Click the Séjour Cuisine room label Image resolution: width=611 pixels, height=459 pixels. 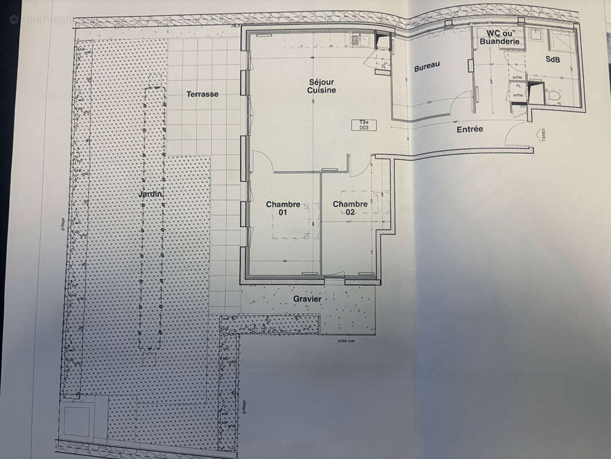pyautogui.click(x=321, y=86)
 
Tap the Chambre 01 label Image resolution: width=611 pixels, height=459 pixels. pyautogui.click(x=283, y=208)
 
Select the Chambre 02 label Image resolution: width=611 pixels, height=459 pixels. pyautogui.click(x=350, y=208)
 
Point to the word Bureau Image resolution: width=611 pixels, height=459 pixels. pyautogui.click(x=427, y=67)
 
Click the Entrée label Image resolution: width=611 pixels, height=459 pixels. pyautogui.click(x=469, y=129)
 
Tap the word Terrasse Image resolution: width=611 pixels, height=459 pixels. pyautogui.click(x=202, y=94)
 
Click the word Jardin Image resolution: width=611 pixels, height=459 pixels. pyautogui.click(x=151, y=195)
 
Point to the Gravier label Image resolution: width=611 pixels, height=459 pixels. pyautogui.click(x=307, y=299)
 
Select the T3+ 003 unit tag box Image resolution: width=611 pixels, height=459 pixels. pyautogui.click(x=365, y=125)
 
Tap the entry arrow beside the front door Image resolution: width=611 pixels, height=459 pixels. pyautogui.click(x=539, y=135)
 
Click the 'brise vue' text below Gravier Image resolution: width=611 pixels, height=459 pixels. pyautogui.click(x=345, y=341)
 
